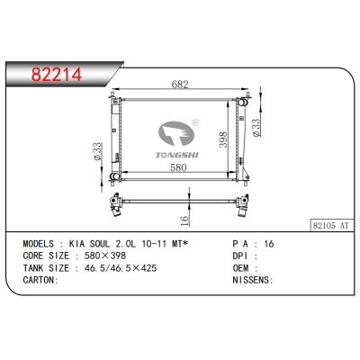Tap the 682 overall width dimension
(x=179, y=85)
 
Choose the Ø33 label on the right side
(x=257, y=128)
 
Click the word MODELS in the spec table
(x=39, y=244)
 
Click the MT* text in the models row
(x=186, y=244)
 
